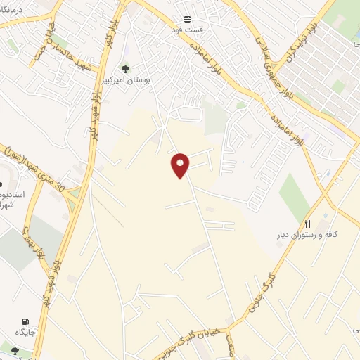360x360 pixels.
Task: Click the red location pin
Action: coord(181,165)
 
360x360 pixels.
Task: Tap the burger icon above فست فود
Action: coord(188,19)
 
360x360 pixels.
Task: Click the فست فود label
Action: coord(188,31)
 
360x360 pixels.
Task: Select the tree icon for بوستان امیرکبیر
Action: coord(126,68)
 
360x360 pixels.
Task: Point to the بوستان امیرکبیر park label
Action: coord(126,80)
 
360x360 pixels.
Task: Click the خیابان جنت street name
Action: coord(50,35)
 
